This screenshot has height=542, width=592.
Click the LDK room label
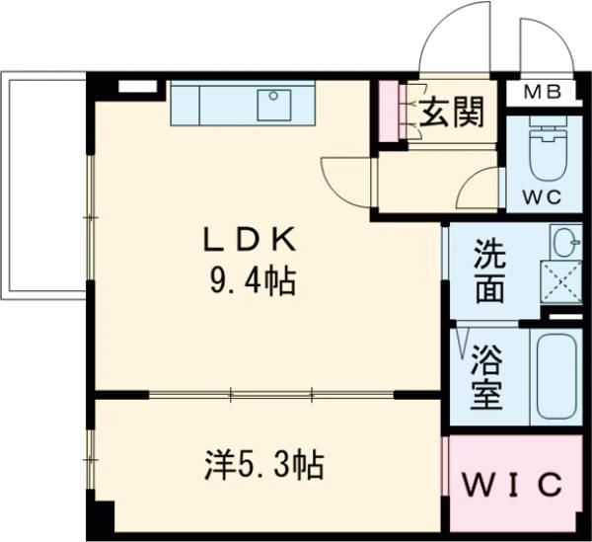click(250, 240)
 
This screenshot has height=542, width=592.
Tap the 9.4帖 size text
click(253, 281)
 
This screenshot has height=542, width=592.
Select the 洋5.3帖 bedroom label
click(264, 465)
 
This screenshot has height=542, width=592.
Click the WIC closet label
click(512, 485)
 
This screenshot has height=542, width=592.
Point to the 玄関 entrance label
click(452, 112)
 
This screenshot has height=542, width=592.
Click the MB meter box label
click(543, 92)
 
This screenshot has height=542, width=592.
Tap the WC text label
click(543, 196)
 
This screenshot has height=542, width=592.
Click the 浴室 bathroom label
click(486, 378)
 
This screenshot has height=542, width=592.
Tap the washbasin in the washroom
click(566, 242)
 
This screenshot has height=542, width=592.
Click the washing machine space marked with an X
click(561, 281)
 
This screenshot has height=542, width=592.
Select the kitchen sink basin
click(274, 105)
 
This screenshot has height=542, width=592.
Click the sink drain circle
click(273, 96)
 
